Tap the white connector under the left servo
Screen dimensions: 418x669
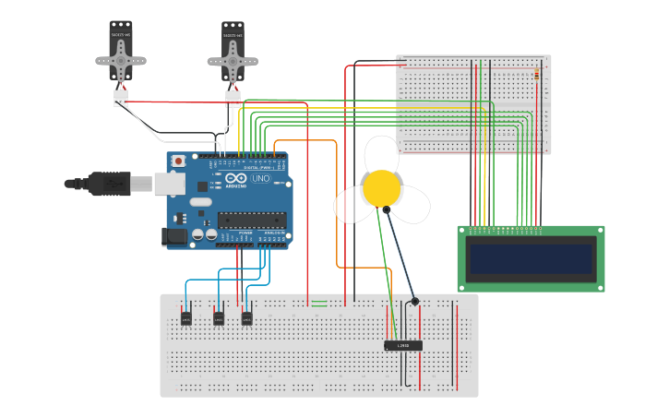point(120,97)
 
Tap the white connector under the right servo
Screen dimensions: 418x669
point(233,98)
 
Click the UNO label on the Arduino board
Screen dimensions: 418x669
point(261,178)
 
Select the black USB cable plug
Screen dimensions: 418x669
point(106,184)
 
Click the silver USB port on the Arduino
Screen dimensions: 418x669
point(169,184)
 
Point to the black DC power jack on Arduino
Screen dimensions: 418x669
point(175,237)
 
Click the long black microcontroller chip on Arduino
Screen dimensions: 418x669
point(251,220)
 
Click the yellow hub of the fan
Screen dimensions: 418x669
point(381,188)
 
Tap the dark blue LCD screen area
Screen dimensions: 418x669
point(531,258)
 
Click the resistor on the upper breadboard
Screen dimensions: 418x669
point(537,74)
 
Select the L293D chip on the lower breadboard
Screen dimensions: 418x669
point(403,345)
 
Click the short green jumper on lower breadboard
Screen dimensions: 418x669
point(319,302)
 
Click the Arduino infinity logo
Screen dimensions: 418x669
point(236,178)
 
